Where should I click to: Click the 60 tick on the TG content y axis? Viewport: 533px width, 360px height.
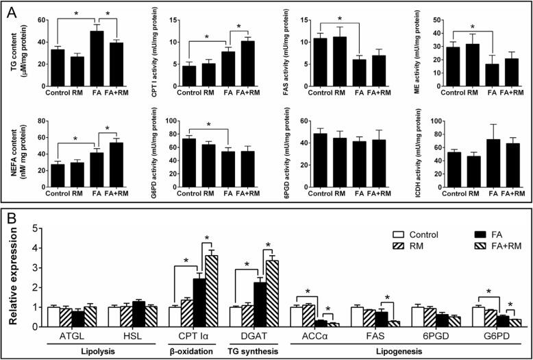(x=39, y=22)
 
